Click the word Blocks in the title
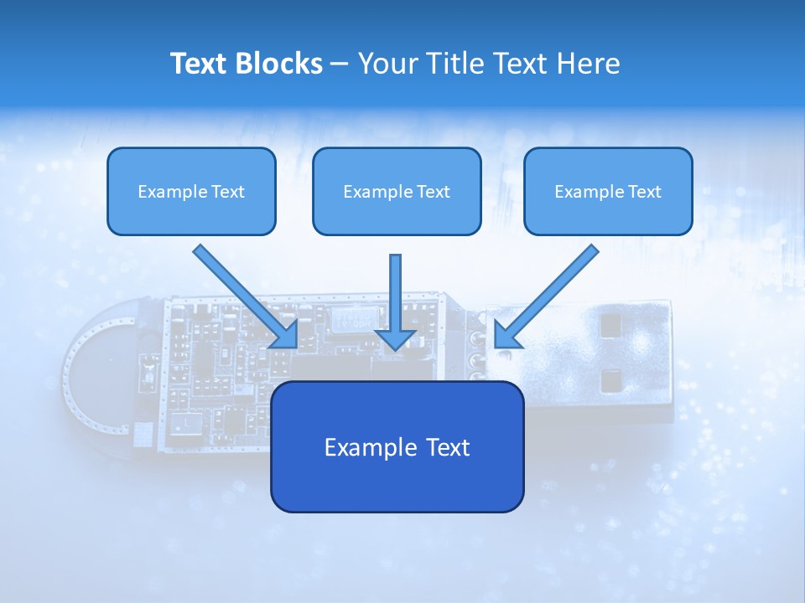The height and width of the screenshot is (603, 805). pyautogui.click(x=278, y=63)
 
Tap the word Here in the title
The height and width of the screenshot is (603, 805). pyautogui.click(x=589, y=63)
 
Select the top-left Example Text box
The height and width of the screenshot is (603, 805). pyautogui.click(x=191, y=191)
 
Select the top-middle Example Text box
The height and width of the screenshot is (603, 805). pyautogui.click(x=397, y=191)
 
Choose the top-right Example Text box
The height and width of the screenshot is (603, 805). pyautogui.click(x=609, y=191)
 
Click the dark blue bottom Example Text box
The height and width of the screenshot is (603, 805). pyautogui.click(x=397, y=446)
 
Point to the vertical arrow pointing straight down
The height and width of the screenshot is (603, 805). pyautogui.click(x=395, y=302)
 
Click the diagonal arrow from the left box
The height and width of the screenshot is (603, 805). pyautogui.click(x=246, y=296)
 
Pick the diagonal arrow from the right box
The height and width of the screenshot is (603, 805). pyautogui.click(x=546, y=296)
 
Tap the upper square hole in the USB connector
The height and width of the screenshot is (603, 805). pyautogui.click(x=610, y=326)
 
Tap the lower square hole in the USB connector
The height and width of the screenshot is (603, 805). pyautogui.click(x=611, y=381)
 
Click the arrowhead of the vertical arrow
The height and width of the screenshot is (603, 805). pyautogui.click(x=395, y=341)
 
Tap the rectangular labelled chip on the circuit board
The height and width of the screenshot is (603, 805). pyautogui.click(x=355, y=320)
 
